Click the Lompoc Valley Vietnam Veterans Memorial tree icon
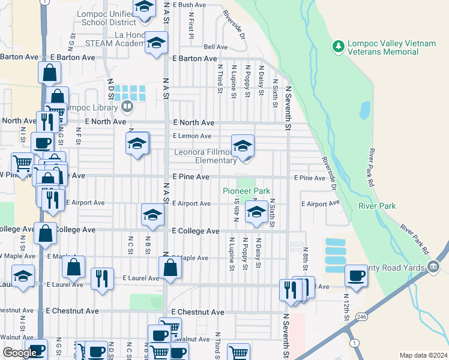tap(339, 46)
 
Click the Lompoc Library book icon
tap(126, 107)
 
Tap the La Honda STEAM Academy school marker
tap(156, 44)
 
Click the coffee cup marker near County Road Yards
tap(357, 277)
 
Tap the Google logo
tap(20, 353)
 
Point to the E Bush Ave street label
tap(189, 4)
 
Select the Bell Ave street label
tap(215, 47)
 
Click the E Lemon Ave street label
tap(192, 136)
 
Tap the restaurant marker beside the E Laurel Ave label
tap(101, 279)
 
